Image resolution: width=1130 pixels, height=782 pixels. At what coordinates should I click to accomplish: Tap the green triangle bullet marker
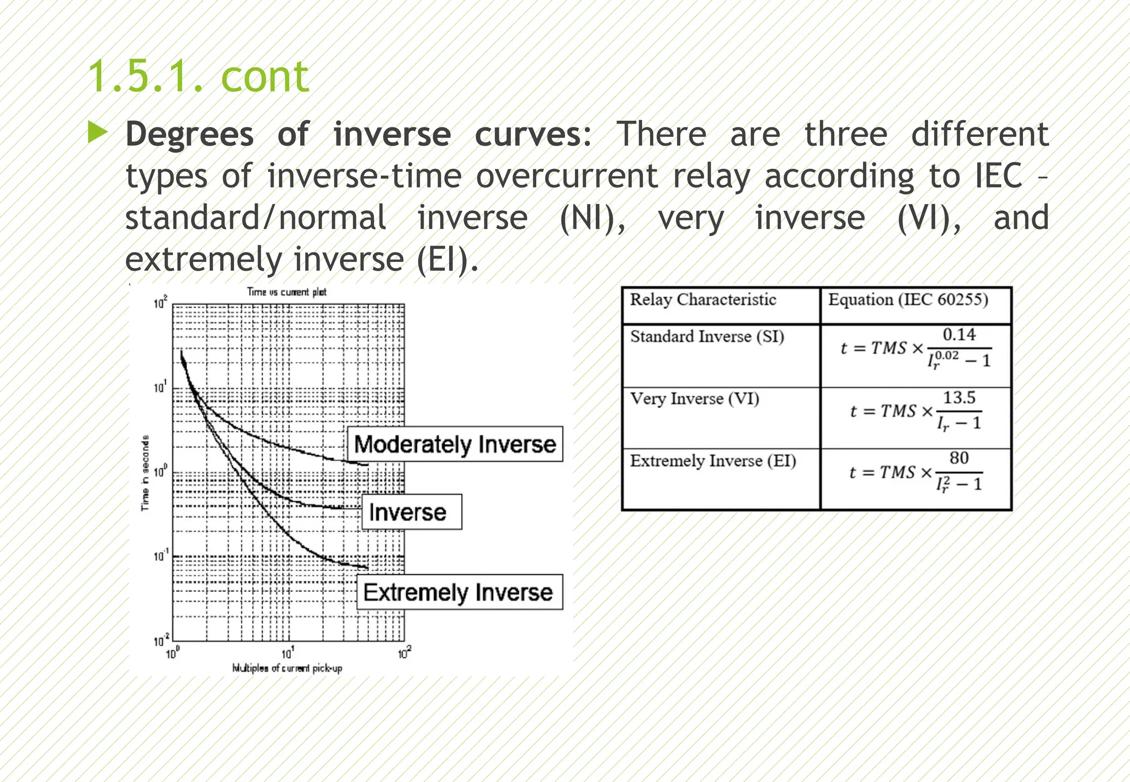[98, 133]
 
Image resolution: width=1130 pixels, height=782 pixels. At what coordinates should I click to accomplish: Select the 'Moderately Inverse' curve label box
[455, 444]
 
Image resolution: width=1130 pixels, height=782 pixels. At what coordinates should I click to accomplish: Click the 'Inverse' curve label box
[411, 512]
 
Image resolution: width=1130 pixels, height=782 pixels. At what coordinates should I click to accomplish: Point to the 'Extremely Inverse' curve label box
[459, 592]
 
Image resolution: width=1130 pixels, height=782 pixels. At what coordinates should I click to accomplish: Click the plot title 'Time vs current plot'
[286, 292]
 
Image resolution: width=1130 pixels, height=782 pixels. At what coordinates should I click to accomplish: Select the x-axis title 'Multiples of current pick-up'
[287, 668]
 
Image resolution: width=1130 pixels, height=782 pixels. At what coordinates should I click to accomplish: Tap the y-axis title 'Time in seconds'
[145, 473]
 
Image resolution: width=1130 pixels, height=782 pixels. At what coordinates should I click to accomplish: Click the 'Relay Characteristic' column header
[703, 299]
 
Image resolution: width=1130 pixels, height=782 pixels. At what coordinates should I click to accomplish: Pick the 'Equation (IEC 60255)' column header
[908, 299]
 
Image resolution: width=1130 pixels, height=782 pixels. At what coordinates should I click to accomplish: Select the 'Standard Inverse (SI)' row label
[707, 336]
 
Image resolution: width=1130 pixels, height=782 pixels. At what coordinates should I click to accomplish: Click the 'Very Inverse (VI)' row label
[695, 398]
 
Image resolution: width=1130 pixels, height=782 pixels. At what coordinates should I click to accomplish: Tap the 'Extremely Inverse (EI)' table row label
[713, 460]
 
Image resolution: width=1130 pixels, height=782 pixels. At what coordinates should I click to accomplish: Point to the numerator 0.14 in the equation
[959, 334]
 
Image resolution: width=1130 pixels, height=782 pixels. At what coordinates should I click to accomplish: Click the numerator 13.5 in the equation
[959, 397]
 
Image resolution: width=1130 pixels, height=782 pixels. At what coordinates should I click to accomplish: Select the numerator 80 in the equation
[959, 458]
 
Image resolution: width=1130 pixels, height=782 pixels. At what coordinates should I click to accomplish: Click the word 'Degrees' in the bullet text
[189, 135]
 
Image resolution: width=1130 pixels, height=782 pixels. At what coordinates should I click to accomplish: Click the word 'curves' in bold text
[528, 135]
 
